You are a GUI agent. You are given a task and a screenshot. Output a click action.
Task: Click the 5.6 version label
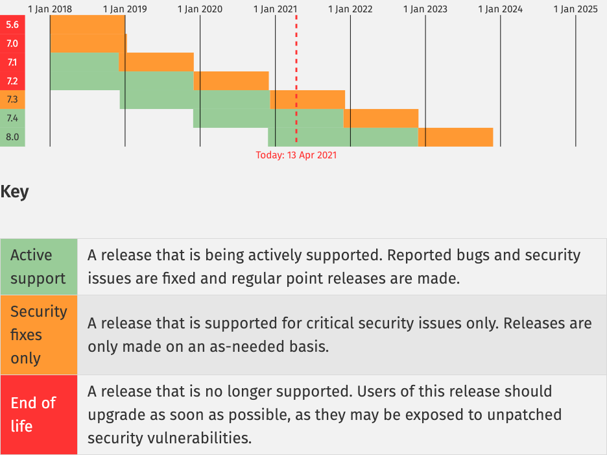point(12,25)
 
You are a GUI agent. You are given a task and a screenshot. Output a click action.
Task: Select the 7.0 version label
point(12,43)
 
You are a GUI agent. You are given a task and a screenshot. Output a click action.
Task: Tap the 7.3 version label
point(12,99)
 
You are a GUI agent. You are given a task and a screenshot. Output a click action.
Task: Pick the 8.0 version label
point(12,137)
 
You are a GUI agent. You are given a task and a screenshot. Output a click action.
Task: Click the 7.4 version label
point(12,118)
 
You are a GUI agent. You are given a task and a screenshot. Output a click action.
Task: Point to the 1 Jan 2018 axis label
point(50,9)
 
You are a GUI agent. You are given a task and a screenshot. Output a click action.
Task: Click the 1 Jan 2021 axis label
point(275,9)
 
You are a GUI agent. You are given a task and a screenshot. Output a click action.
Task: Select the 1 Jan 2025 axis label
point(576,9)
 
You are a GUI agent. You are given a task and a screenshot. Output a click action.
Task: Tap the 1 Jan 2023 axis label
point(425,9)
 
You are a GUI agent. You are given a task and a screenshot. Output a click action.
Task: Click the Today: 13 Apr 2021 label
point(296,155)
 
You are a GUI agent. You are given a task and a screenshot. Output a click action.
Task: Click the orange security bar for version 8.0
point(456,137)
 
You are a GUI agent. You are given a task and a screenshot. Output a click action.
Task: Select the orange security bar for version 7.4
point(381,118)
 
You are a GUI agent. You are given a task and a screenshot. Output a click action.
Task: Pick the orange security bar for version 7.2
point(231,80)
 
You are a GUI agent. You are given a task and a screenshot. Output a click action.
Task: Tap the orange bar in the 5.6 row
point(88,25)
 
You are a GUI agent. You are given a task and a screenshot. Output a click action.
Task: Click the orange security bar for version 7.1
point(156,62)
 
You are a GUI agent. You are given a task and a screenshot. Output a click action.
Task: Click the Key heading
point(15,192)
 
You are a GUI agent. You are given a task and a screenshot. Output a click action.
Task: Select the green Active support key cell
point(39,267)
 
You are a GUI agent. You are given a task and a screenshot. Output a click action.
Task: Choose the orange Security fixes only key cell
point(39,335)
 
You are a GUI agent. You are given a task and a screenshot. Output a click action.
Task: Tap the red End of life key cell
point(39,414)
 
